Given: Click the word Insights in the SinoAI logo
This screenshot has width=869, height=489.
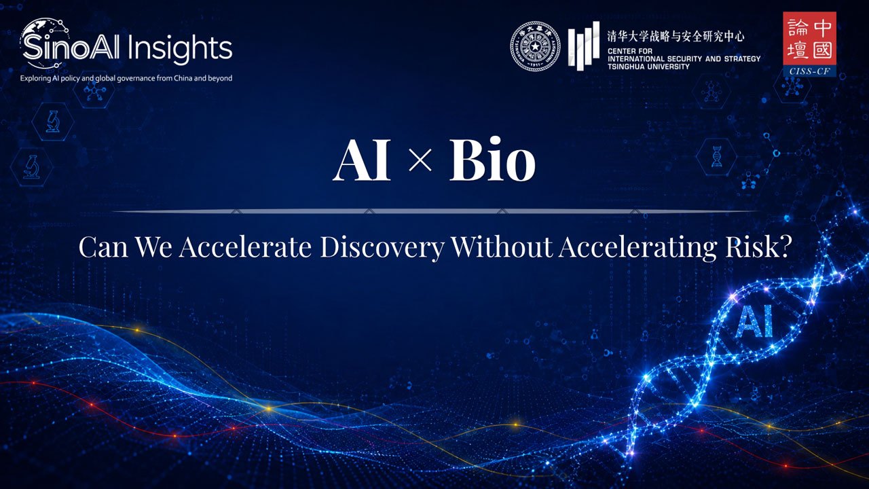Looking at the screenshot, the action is pos(180,48).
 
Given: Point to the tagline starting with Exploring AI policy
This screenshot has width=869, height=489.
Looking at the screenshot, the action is pos(126,78).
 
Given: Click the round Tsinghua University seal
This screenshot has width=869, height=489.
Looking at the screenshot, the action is pos(535,46).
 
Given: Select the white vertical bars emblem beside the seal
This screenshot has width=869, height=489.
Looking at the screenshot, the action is pos(584,46).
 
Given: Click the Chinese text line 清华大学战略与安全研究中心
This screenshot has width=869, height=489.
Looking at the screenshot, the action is pos(676,36).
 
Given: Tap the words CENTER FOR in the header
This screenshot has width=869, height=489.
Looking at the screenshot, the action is pos(630,51).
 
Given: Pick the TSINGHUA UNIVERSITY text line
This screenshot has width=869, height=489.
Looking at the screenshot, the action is pos(648,67).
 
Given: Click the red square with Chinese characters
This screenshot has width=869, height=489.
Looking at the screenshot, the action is pos(809,39).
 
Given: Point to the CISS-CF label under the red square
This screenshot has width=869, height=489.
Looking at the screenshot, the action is pos(809,71).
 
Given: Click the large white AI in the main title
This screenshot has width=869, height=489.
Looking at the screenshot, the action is pos(362,160).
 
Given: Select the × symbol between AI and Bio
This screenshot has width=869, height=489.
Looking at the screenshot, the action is pos(420,160).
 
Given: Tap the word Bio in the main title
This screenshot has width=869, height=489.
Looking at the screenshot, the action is pos(492,159).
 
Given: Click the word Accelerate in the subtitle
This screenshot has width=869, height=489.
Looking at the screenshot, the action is pos(245,247).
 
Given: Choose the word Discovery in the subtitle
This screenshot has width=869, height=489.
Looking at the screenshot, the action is pos(382,247).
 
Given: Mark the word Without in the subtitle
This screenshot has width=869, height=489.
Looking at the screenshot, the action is pos(501,247).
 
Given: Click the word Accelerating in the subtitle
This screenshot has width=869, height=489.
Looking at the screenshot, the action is pos(638,247).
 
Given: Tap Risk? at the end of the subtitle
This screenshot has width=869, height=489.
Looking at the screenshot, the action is pos(758,247).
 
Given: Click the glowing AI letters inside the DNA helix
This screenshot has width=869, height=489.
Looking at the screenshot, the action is pos(754,321).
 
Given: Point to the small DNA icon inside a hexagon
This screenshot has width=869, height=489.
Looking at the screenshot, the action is pos(717,156).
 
